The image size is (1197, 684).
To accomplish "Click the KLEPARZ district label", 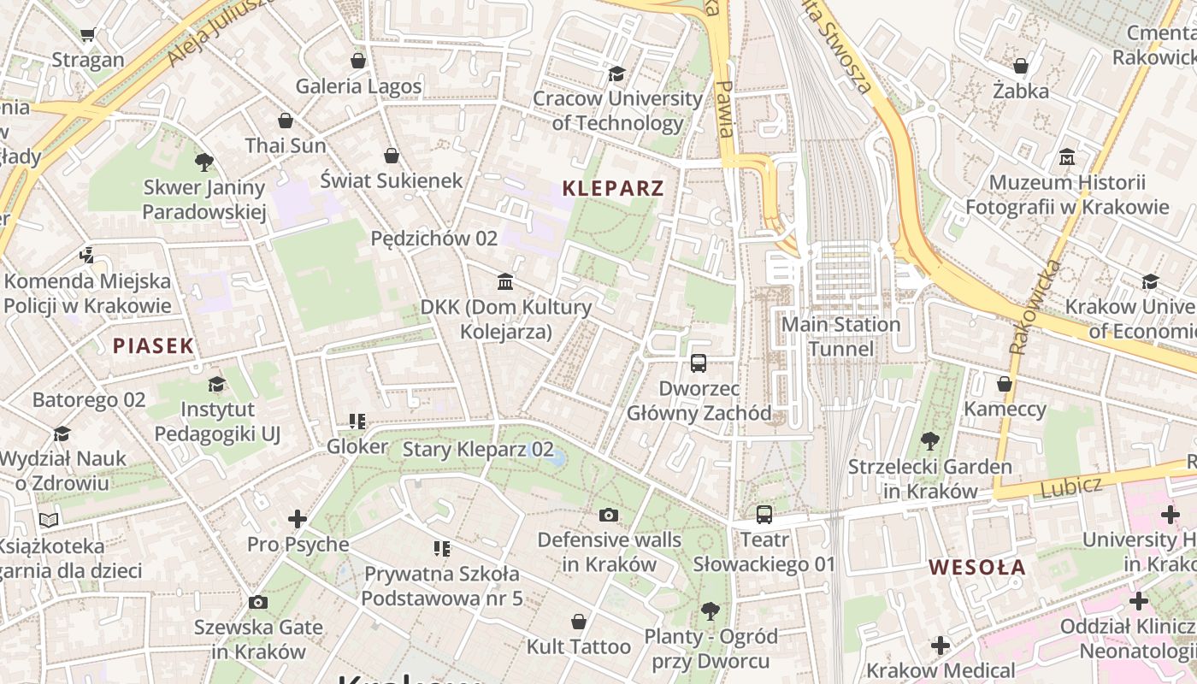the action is click(613, 189).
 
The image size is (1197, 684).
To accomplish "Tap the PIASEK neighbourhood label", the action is click(154, 346).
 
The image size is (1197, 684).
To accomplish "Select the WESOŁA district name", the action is click(977, 568).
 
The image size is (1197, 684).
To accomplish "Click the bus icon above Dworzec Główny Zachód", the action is click(699, 363).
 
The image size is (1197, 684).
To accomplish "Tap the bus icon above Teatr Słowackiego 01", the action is click(764, 515).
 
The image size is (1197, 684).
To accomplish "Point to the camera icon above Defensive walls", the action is click(609, 515).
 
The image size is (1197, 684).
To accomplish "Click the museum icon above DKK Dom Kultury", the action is click(505, 281).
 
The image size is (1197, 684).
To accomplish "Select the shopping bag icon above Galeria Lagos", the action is click(358, 61).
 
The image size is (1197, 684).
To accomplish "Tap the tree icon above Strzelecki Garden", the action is click(929, 441).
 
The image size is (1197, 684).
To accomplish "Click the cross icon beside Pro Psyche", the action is click(297, 519).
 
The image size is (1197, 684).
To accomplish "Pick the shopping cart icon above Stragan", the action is click(87, 35).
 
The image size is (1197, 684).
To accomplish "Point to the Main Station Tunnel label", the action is click(841, 337).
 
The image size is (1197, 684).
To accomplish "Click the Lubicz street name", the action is click(1071, 486).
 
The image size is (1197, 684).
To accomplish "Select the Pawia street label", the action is click(725, 109).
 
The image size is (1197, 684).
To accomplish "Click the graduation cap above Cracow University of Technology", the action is click(616, 74).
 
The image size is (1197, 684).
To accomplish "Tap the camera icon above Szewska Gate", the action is click(257, 602).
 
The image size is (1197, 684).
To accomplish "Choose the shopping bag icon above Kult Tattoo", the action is click(579, 621).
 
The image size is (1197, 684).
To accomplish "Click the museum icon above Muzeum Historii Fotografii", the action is click(1067, 157).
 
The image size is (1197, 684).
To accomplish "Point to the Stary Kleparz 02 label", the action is click(478, 450).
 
